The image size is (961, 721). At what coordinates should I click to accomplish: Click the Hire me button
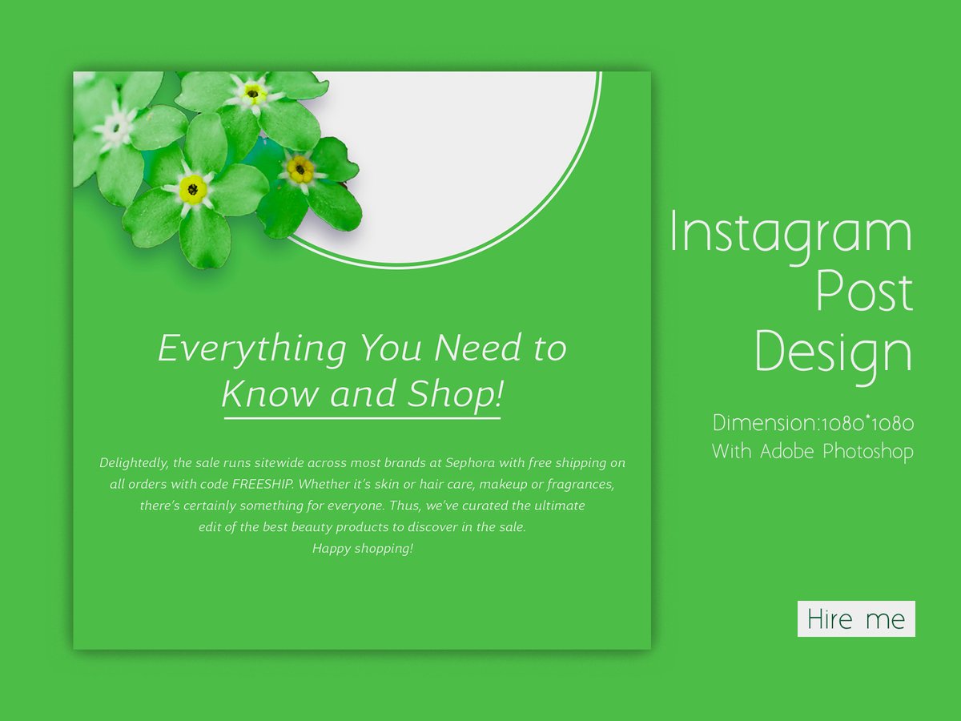856,618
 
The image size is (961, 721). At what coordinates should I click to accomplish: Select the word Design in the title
833,352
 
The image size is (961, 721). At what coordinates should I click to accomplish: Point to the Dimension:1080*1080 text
813,423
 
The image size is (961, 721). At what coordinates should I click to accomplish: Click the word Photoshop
867,451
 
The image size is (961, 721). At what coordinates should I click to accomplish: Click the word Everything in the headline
251,348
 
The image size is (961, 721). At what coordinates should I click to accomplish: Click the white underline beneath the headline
362,417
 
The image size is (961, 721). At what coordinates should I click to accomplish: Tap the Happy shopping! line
363,549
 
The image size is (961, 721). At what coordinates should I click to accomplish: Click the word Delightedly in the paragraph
134,463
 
